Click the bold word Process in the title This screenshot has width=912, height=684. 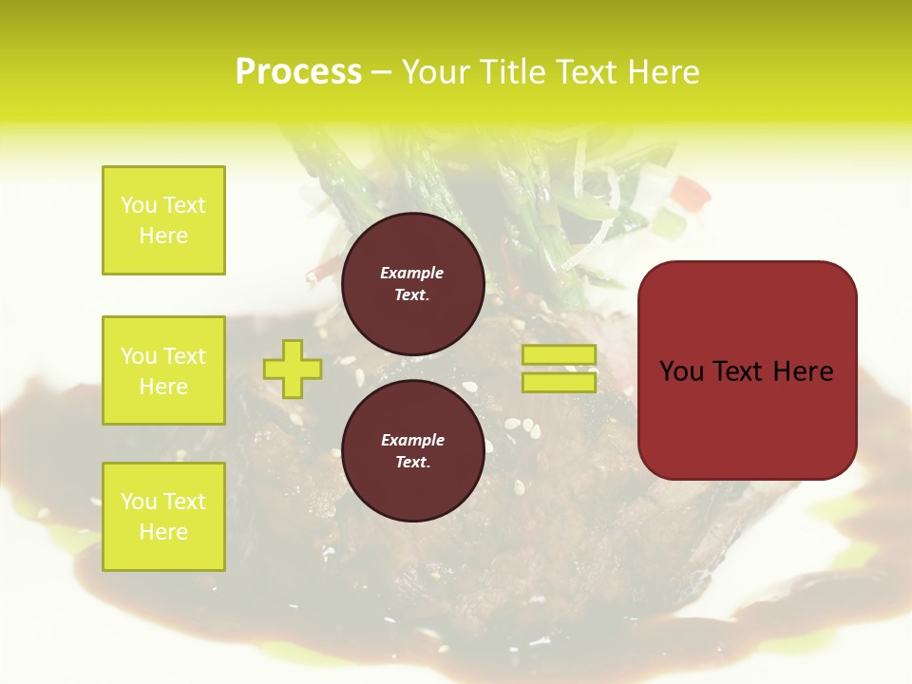tap(298, 72)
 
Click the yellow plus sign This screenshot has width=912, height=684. tap(292, 369)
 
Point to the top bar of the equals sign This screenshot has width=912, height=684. tap(559, 355)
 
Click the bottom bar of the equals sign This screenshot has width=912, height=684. tap(559, 382)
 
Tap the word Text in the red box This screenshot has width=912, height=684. tap(747, 371)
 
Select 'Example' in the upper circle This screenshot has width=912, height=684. tap(412, 274)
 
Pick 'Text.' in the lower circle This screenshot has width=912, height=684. tap(412, 463)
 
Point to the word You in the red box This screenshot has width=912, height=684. tap(681, 371)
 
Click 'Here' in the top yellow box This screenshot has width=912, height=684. tap(163, 236)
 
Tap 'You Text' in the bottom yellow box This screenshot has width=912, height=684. tap(163, 502)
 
